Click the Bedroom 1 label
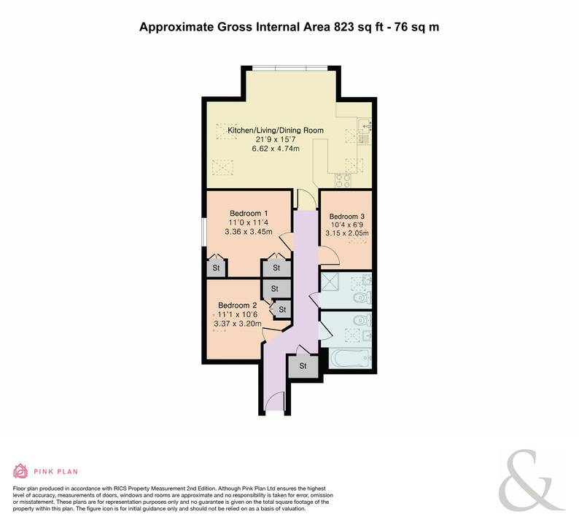pyautogui.click(x=249, y=214)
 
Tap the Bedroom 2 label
pyautogui.click(x=238, y=306)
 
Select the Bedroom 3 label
pyautogui.click(x=346, y=217)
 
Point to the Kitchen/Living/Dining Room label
pyautogui.click(x=276, y=131)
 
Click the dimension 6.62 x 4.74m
pyautogui.click(x=276, y=149)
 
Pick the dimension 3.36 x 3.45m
pyautogui.click(x=249, y=232)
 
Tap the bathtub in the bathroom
pyautogui.click(x=350, y=358)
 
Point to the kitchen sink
pyautogui.click(x=365, y=126)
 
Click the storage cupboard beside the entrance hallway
pyautogui.click(x=303, y=366)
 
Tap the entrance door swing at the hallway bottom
pyautogui.click(x=275, y=401)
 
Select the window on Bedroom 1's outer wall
pyautogui.click(x=204, y=232)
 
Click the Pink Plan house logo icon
pyautogui.click(x=20, y=471)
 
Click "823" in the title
pyautogui.click(x=343, y=27)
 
